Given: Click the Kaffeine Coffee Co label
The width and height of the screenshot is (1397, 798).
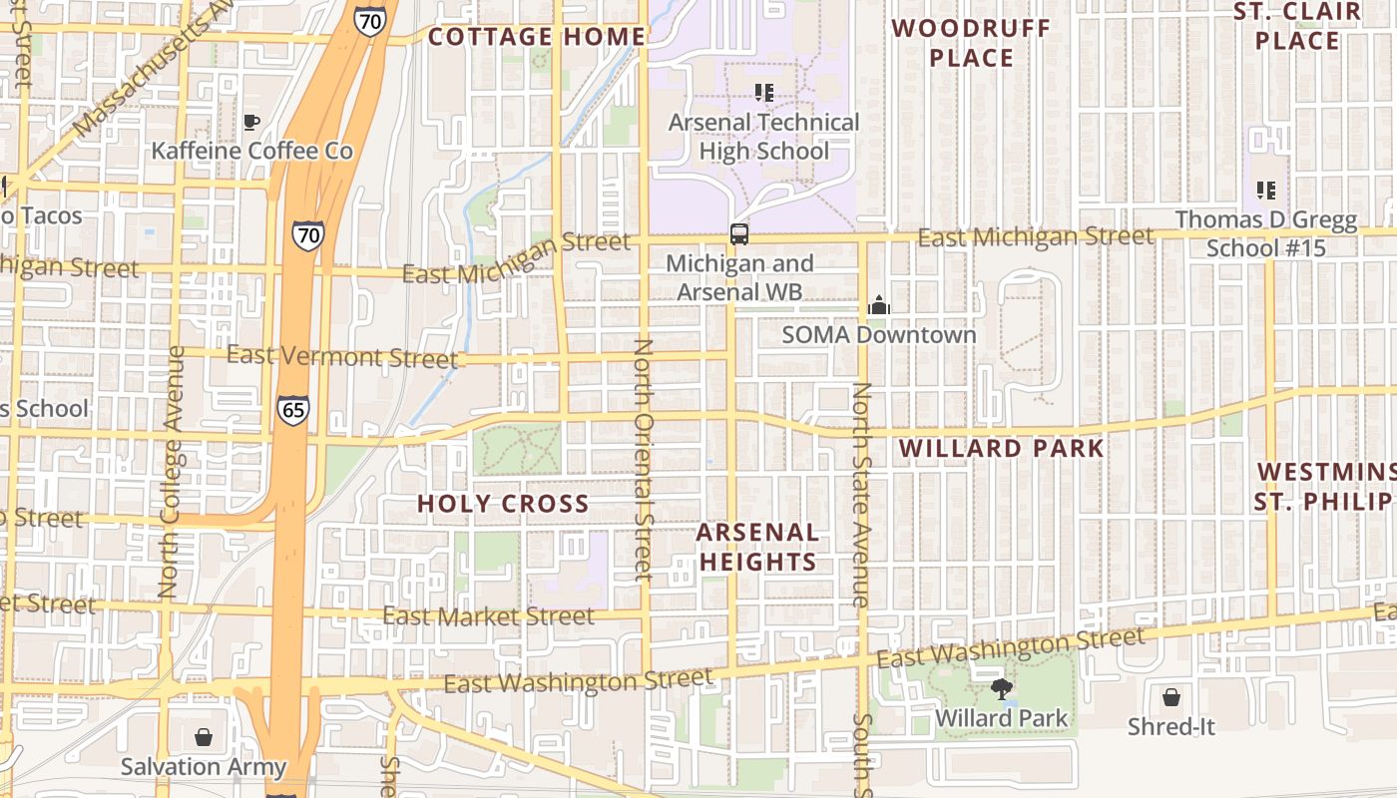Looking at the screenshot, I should (251, 151).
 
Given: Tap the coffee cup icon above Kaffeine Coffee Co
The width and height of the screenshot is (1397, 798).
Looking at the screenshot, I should (251, 122).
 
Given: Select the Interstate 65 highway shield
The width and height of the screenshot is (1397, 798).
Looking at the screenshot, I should (293, 410).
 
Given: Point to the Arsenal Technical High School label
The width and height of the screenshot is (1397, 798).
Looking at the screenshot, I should (763, 137).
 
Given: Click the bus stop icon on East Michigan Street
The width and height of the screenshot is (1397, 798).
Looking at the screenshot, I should (738, 234).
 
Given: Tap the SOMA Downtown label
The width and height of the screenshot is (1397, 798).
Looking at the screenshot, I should (878, 334).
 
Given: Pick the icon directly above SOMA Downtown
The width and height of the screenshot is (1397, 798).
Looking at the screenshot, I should (878, 305).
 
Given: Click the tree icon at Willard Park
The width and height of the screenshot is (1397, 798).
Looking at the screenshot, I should (1001, 688).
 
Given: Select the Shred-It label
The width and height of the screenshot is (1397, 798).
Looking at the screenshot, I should (1170, 726).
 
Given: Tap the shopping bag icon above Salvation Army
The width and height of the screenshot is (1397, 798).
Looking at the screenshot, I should (204, 737).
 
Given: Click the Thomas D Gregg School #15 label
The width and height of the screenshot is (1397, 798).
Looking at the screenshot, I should (1265, 233).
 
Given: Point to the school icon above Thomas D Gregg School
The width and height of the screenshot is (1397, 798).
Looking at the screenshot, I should (1266, 190).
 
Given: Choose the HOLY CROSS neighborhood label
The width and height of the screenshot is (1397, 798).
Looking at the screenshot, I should (503, 504).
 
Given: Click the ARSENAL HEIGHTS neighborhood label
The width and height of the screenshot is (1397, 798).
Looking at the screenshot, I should (757, 547).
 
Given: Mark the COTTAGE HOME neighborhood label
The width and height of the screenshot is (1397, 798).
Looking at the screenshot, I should (537, 37).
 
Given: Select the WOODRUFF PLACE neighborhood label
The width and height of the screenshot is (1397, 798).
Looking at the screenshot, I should (971, 43).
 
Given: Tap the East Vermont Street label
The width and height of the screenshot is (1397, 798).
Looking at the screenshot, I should (342, 356).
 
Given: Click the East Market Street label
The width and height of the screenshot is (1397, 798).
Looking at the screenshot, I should (488, 616).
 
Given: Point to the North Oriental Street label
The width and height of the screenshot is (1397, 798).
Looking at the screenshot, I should (643, 459).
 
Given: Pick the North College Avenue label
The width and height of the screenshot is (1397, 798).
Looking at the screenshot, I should (171, 472).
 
